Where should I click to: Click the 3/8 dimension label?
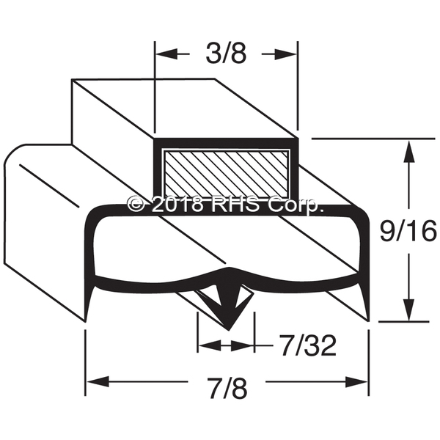pos(224,54)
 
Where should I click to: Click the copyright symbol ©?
pos(134,205)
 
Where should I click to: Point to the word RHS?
pos(235,205)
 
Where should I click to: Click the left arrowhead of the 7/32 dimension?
pos(208,343)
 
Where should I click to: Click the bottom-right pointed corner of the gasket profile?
pos(369,319)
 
